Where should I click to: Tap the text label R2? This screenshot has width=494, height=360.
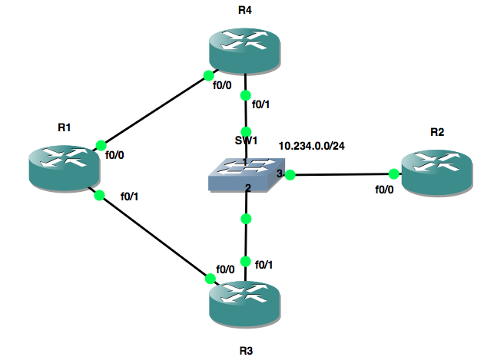point(437,132)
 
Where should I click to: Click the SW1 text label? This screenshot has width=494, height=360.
point(247,141)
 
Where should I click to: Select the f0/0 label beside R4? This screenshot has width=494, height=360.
point(222,85)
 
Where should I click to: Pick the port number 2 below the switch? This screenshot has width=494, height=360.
point(248,189)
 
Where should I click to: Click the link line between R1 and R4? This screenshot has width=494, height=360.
point(154,110)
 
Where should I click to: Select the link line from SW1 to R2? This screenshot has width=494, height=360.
point(342,175)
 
